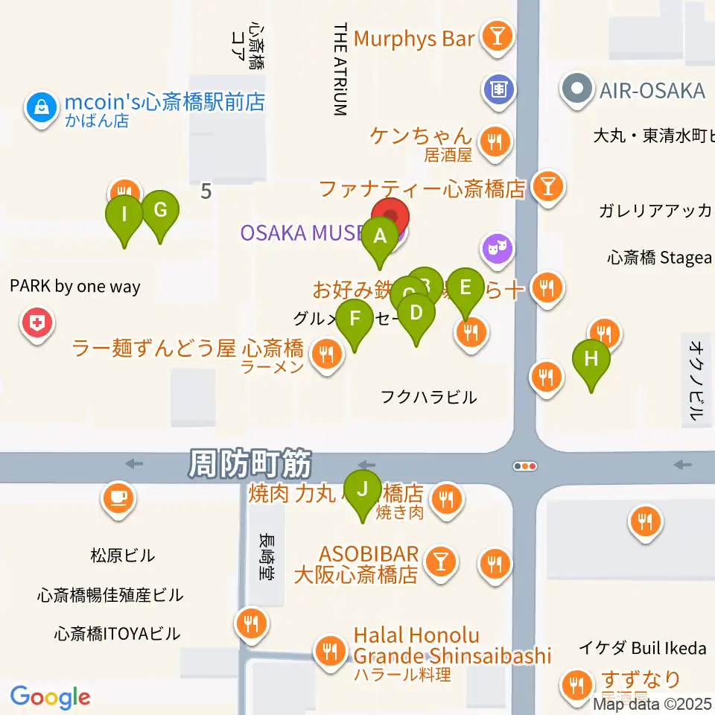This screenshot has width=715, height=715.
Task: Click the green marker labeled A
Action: tap(380, 238)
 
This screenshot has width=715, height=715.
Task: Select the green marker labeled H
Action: tap(591, 360)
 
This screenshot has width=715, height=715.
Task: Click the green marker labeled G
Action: tap(160, 211)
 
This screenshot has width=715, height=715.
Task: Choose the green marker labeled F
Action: tap(355, 320)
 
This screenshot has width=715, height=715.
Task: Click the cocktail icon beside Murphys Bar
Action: tap(495, 36)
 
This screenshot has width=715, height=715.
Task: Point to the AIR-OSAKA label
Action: tap(652, 91)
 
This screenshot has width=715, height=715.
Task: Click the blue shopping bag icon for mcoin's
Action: tap(39, 109)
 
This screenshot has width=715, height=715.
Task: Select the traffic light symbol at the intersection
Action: tap(525, 466)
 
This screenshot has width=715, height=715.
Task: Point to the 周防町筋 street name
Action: tap(250, 465)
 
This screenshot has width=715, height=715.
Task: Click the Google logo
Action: tap(51, 696)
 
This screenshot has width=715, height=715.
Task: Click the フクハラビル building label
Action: tap(428, 397)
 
